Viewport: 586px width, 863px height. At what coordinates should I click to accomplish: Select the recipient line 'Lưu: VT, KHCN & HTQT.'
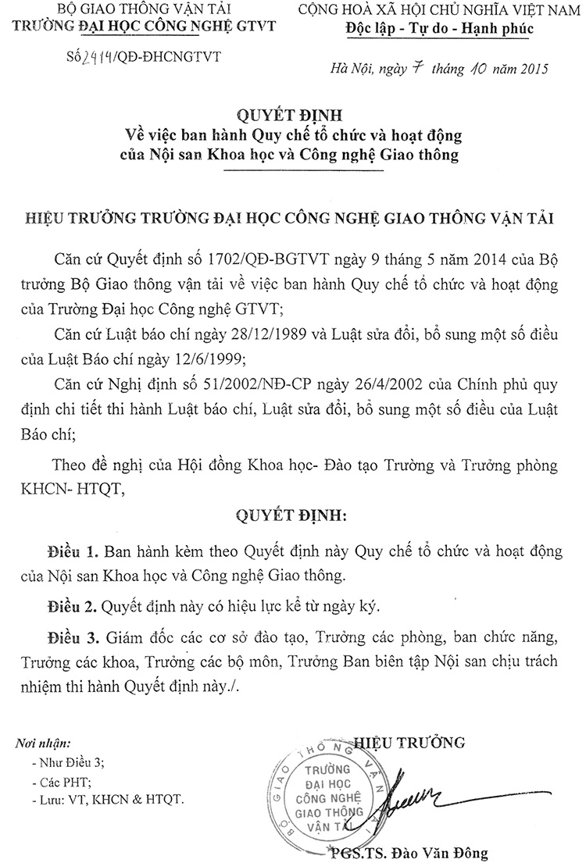107,801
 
